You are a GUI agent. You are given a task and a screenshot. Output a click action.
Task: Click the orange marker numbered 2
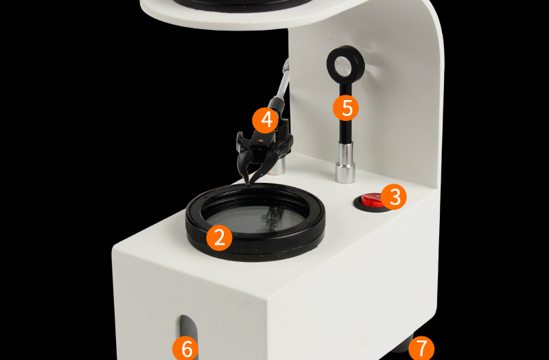coord(219,238)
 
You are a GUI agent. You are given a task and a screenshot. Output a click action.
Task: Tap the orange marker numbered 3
coord(394,197)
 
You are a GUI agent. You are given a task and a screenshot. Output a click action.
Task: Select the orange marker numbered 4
coord(265,120)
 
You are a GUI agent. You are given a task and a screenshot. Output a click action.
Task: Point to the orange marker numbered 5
coord(346,108)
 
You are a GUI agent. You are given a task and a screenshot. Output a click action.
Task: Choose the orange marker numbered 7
coord(422,347)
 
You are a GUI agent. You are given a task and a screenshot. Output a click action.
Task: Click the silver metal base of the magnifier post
coord(345,162)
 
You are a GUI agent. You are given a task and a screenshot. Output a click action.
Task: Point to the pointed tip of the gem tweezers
coord(248,183)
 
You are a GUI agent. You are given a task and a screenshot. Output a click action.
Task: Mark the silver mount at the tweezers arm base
coord(279,165)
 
